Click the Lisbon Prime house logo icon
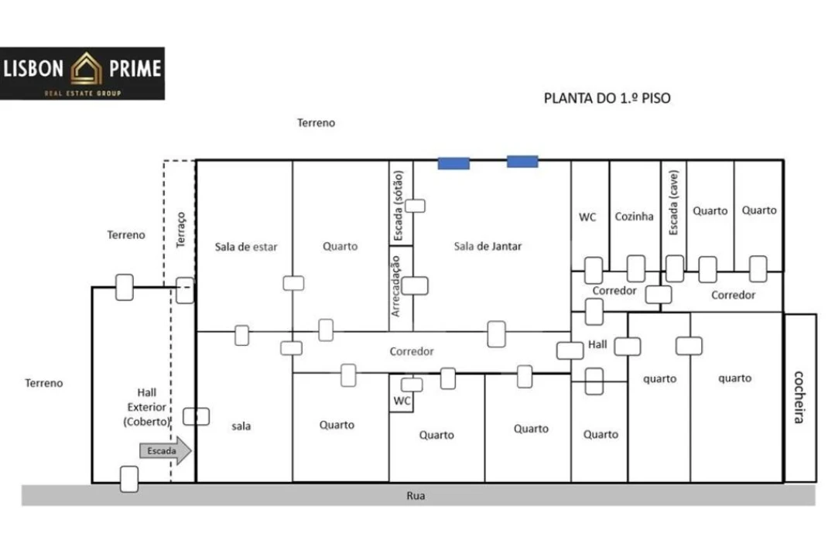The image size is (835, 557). (86, 69)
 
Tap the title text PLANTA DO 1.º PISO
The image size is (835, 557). (607, 98)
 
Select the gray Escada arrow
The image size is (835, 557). (164, 450)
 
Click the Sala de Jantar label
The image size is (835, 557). (488, 246)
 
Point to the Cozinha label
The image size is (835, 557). (634, 217)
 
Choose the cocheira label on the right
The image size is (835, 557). (799, 397)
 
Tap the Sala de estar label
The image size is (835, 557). (246, 247)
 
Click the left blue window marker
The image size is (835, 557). (453, 162)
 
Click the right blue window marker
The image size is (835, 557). (522, 161)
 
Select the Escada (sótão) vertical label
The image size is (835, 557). (399, 203)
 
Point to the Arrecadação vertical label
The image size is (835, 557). (396, 286)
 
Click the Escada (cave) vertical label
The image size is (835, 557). (673, 203)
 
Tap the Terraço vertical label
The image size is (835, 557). (181, 230)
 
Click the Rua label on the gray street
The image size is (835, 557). (416, 496)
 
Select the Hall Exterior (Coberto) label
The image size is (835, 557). (146, 407)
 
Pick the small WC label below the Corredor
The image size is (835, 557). (402, 401)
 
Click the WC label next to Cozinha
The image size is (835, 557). (587, 217)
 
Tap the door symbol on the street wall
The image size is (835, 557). (129, 479)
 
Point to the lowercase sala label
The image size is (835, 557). (241, 425)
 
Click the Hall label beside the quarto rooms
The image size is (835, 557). (597, 344)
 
